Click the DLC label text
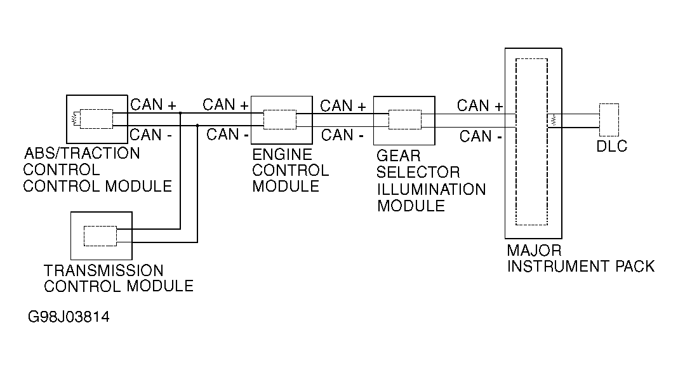(611, 146)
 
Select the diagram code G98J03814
(69, 317)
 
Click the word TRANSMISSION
(103, 270)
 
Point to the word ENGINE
(282, 154)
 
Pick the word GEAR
(398, 155)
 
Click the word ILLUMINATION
(432, 189)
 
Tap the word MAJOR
(534, 250)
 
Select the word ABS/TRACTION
(82, 153)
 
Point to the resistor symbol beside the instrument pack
(554, 121)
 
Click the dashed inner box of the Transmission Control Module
(100, 236)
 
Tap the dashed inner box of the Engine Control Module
(280, 120)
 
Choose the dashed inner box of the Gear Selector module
(405, 120)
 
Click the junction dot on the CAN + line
(180, 113)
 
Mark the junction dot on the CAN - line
(197, 126)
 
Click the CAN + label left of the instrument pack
(480, 105)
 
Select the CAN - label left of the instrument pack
(481, 136)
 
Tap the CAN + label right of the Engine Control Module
(343, 105)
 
